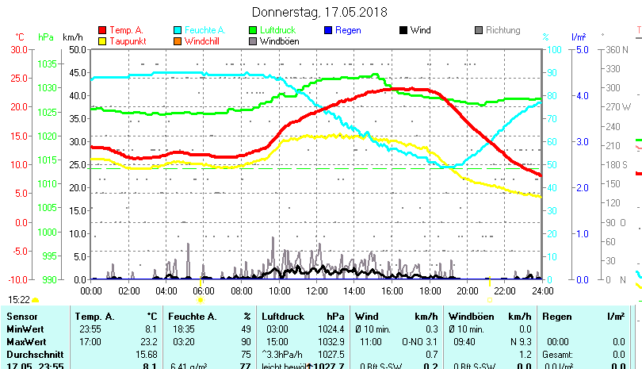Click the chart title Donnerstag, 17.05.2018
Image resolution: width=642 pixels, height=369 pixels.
319,12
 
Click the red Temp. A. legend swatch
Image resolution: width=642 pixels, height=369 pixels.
103,30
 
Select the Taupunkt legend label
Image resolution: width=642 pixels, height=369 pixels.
127,41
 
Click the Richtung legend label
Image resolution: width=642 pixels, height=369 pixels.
503,30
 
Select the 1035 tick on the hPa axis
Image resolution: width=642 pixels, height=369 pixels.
47,63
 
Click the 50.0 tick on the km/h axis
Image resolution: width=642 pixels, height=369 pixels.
77,49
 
